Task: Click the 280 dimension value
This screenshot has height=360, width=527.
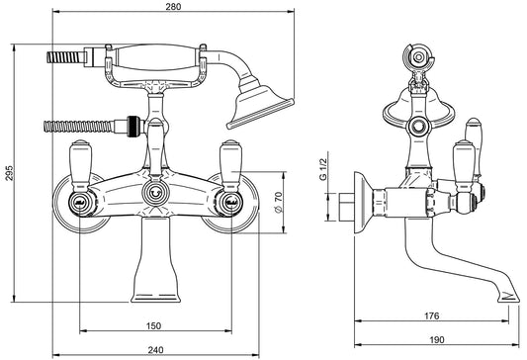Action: point(173,6)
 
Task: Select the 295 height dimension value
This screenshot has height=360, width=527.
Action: point(10,173)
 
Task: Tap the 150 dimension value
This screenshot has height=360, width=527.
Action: point(153,325)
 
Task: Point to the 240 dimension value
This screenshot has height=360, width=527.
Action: point(155,350)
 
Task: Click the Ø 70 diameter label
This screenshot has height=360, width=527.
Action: point(278,202)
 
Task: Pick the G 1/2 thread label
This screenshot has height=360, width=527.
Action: point(323,169)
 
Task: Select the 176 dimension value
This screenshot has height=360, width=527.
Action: point(431,315)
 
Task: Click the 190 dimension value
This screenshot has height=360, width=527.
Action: point(436,340)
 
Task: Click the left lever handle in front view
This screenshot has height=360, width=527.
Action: point(80,165)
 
